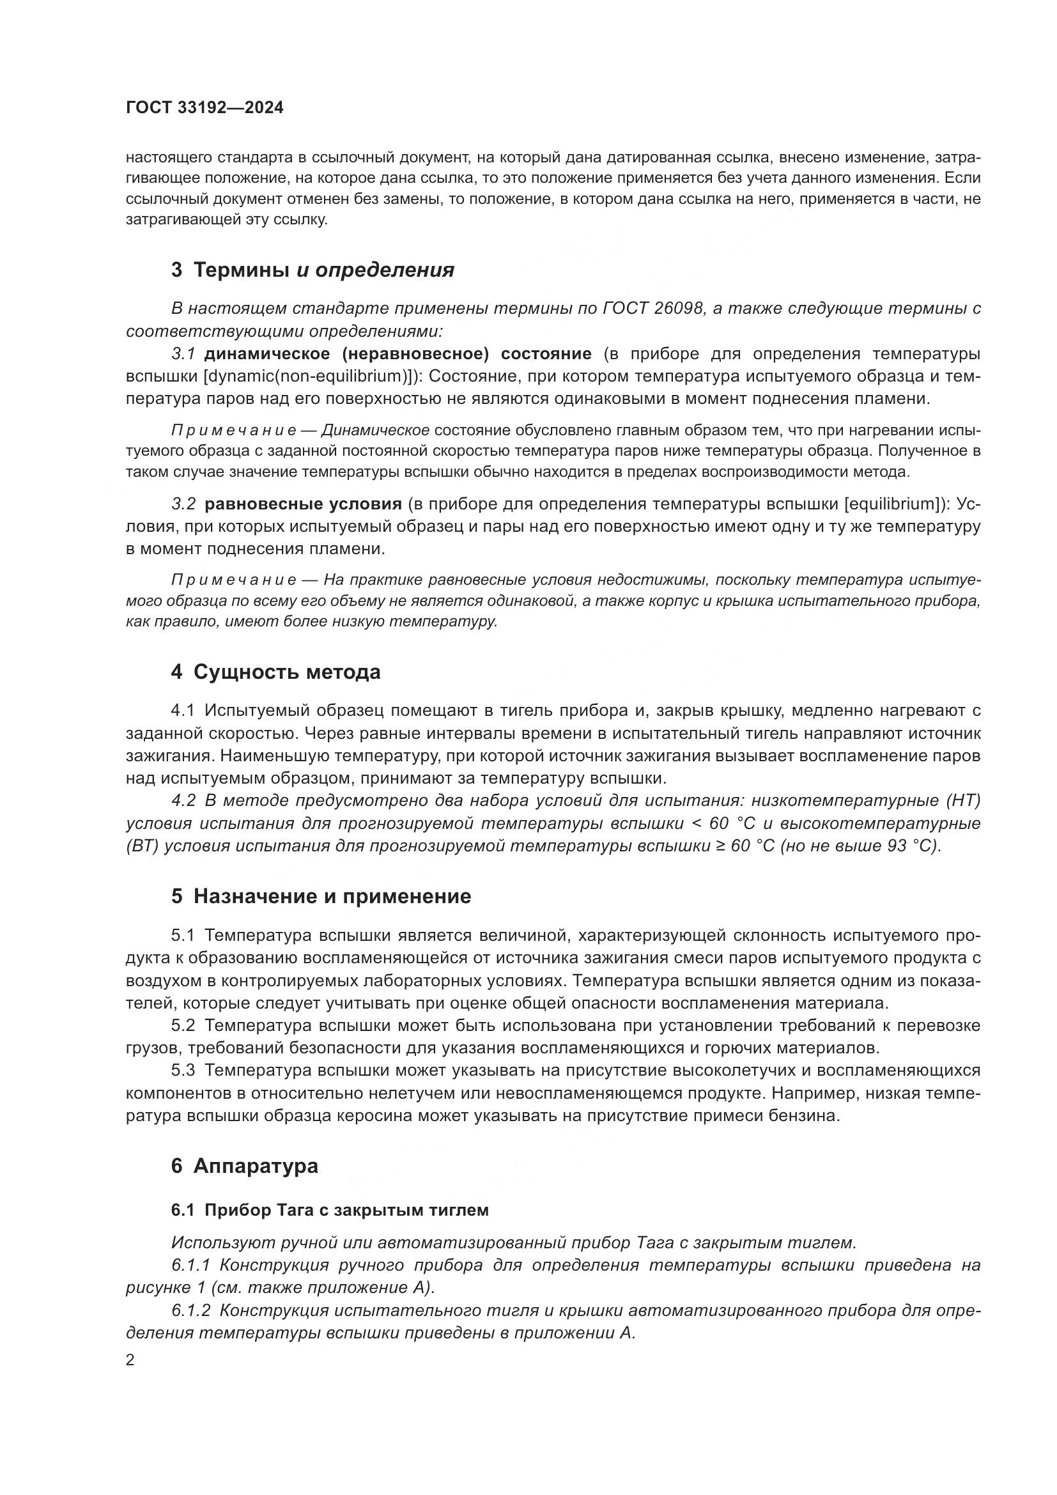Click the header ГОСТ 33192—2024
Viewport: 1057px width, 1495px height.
coord(204,108)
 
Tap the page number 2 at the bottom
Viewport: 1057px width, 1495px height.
coord(130,1360)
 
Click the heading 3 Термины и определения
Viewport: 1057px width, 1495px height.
coord(312,270)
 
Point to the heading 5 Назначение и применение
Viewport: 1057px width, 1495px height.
coord(321,897)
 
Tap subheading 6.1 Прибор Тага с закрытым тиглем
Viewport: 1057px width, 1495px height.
coord(330,1211)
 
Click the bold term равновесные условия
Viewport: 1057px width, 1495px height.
coord(303,504)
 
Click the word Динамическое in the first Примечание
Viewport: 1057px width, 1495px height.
coord(376,430)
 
